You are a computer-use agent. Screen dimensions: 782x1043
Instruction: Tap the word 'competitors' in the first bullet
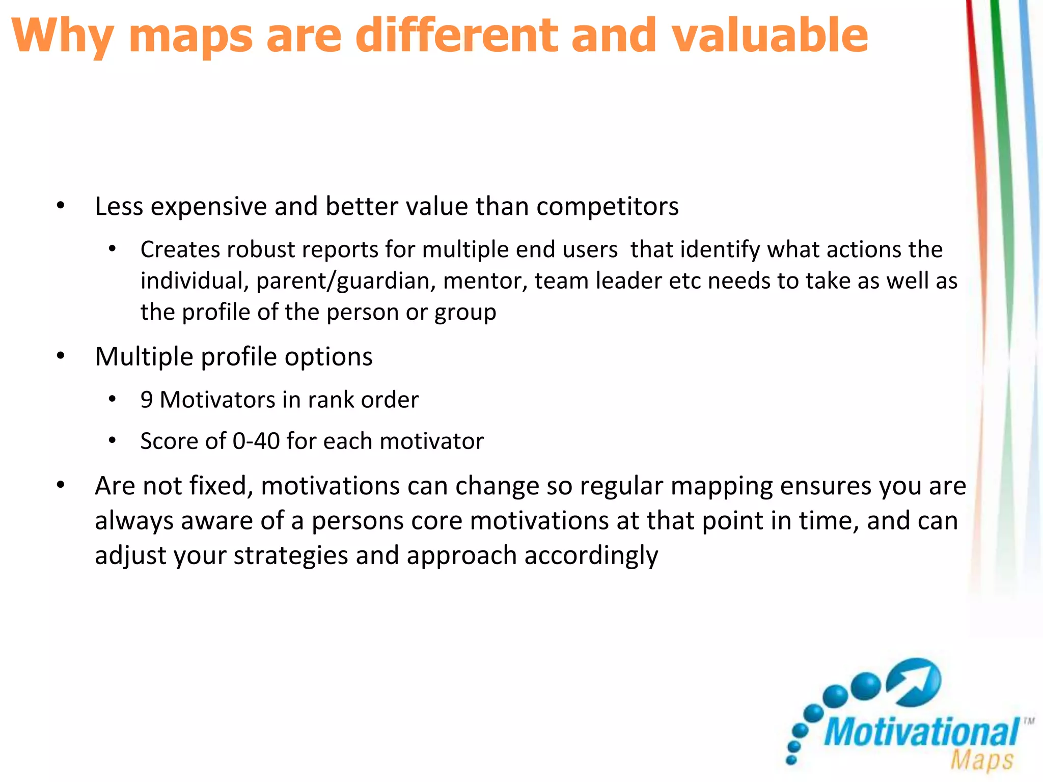[x=607, y=207]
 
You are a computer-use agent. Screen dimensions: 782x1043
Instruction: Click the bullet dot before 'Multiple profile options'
[x=61, y=356]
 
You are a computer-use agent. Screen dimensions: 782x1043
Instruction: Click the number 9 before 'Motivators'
[x=147, y=400]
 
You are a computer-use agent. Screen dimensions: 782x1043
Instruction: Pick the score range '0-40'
[x=256, y=441]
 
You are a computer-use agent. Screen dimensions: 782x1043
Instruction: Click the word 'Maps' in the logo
[x=982, y=760]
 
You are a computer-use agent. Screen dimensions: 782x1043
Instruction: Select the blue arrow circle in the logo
[x=914, y=682]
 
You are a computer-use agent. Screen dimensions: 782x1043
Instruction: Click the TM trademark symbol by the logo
[x=1029, y=721]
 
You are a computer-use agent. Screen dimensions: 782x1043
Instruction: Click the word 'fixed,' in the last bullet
[x=221, y=486]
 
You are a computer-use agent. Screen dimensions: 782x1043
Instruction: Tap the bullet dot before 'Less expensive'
[x=61, y=206]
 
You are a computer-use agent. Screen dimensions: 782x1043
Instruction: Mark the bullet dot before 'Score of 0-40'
[x=113, y=440]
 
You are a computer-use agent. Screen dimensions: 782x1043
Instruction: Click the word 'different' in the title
[x=456, y=36]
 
